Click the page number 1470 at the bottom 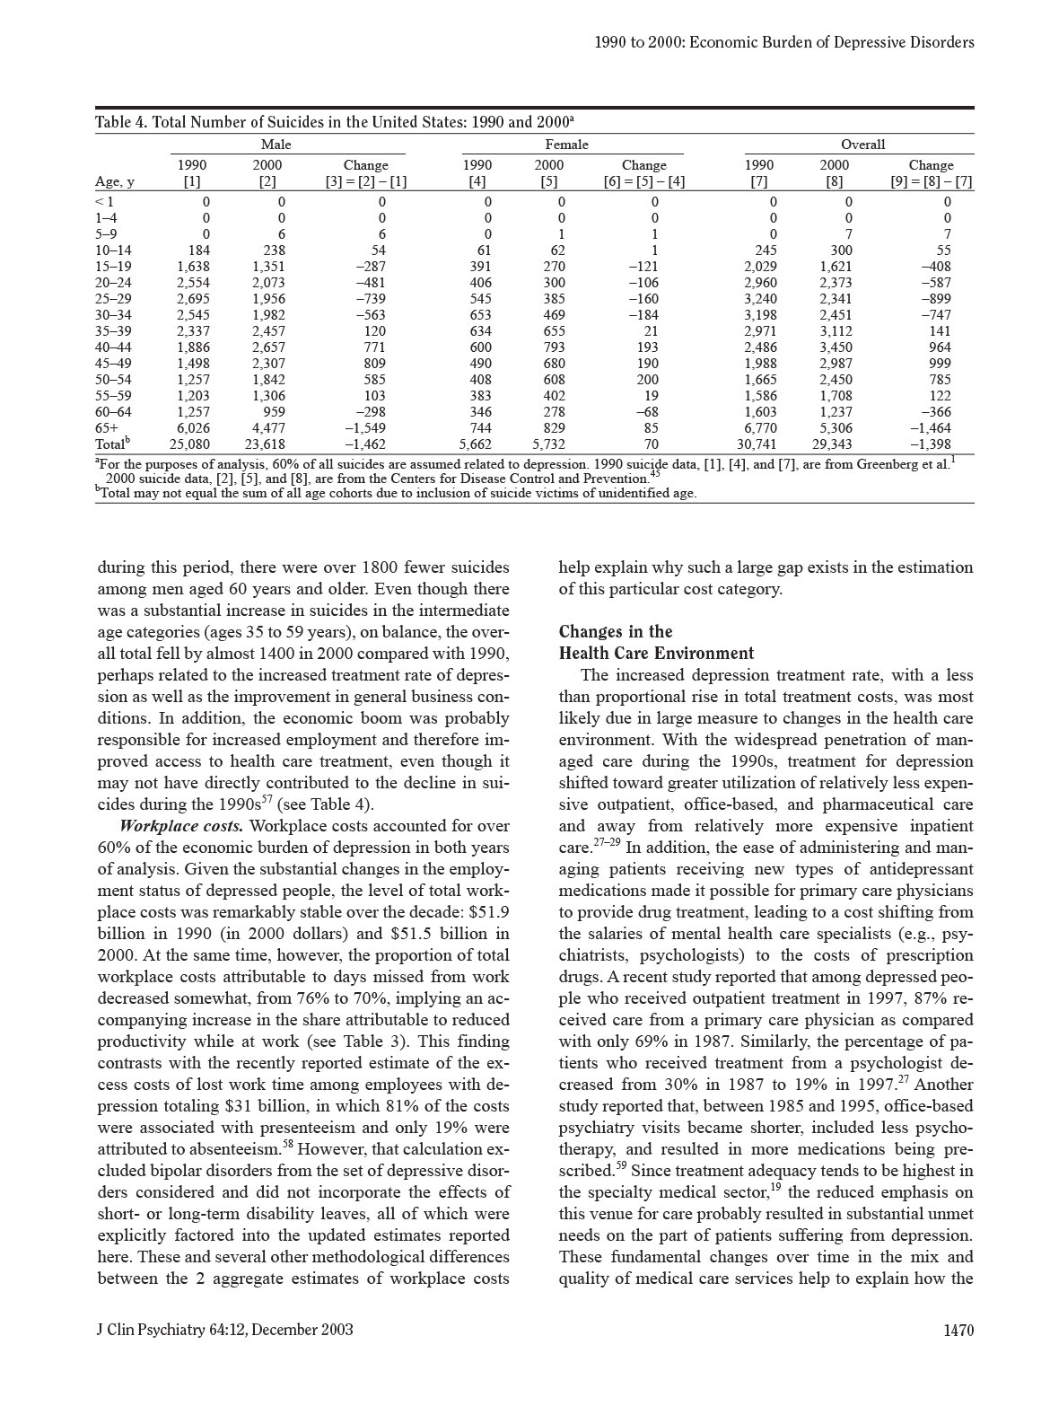click(958, 1330)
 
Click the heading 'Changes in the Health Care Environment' click(656, 642)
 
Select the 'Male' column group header click(276, 144)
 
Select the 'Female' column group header click(566, 144)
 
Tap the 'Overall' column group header click(862, 144)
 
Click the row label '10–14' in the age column click(112, 250)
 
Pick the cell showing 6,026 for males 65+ click(193, 428)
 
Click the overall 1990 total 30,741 click(757, 444)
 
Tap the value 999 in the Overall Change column click(939, 364)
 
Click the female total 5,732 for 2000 click(548, 444)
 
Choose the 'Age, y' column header click(115, 181)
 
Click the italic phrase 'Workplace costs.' click(181, 826)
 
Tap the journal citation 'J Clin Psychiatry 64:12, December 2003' click(224, 1330)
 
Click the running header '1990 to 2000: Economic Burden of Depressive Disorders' click(784, 42)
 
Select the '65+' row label click(107, 428)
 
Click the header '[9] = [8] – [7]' click(931, 181)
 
